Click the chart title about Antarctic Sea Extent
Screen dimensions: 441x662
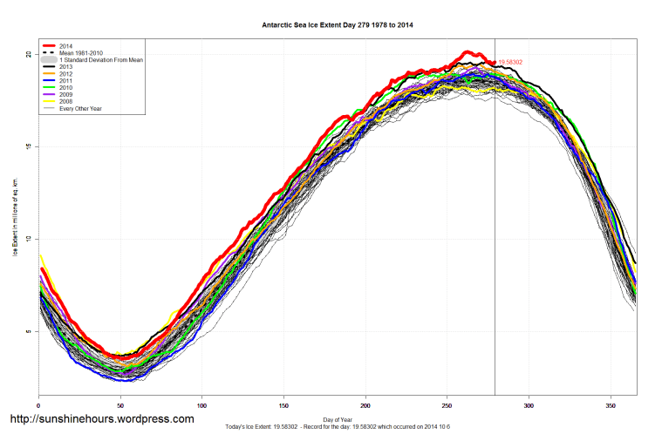[x=338, y=25]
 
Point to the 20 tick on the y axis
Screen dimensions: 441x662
[x=28, y=54]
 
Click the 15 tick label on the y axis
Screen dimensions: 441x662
[x=28, y=146]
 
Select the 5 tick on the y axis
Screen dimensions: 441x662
[x=28, y=332]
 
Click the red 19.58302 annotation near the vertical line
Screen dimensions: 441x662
[x=514, y=63]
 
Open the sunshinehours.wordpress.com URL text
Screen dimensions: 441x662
[x=101, y=419]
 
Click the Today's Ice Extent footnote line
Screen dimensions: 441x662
[x=338, y=428]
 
